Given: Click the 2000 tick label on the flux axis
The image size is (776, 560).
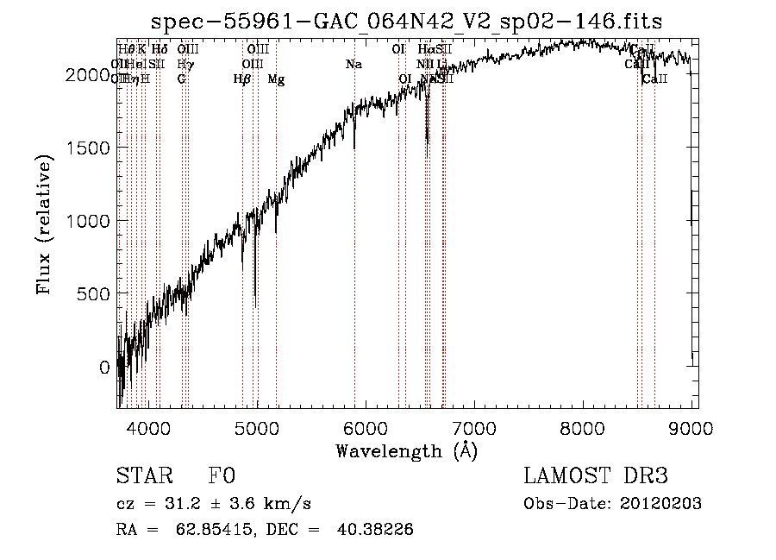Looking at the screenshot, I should (89, 75).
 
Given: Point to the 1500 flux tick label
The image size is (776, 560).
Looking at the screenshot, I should (89, 148).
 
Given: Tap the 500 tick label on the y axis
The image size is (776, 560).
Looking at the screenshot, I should (95, 294).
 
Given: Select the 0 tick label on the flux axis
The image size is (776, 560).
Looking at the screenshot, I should (104, 368).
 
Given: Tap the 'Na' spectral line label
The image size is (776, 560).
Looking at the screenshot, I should (354, 65).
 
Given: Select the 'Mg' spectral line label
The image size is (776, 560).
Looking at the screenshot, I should (276, 79).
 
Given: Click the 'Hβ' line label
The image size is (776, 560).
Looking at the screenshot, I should (242, 79).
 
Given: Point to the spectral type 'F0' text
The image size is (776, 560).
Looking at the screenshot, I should (222, 477).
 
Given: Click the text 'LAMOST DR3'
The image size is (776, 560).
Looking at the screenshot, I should (596, 477).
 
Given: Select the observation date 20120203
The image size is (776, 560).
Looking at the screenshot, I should (659, 504).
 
